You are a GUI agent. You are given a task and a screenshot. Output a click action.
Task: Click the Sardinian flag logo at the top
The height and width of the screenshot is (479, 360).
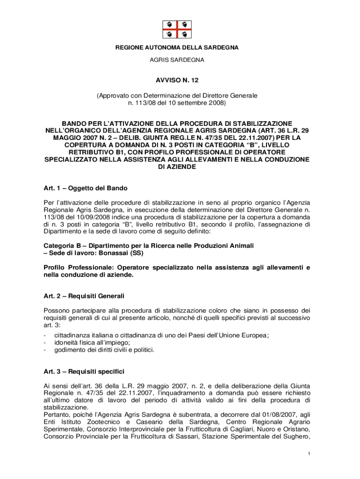177,29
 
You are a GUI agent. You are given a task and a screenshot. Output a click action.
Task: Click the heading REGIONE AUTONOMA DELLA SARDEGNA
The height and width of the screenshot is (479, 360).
177,48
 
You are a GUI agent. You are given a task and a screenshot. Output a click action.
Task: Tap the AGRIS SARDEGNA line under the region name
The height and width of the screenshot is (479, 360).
177,60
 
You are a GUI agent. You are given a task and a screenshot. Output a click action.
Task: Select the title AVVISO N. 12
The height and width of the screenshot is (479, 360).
177,80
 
